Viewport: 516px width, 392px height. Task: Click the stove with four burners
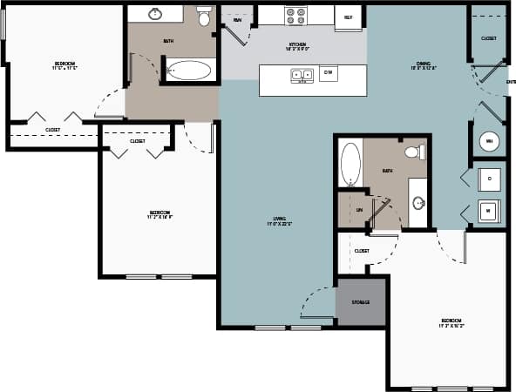(295, 16)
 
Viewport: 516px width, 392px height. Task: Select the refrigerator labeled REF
(349, 17)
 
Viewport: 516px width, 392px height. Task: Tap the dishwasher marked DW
(329, 74)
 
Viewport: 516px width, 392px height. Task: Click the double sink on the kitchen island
(302, 75)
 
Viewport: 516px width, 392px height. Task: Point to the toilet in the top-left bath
(204, 17)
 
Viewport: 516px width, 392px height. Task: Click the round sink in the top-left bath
(156, 14)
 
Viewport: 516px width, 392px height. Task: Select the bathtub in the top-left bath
(188, 71)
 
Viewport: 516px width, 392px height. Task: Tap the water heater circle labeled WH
(488, 141)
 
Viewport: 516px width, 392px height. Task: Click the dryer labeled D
(490, 178)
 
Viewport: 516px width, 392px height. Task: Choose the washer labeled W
(490, 211)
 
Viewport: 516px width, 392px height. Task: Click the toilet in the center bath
(414, 152)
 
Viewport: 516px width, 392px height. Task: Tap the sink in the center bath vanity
(418, 203)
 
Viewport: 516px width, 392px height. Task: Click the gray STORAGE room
(361, 302)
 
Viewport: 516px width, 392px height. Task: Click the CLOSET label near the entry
(489, 38)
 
